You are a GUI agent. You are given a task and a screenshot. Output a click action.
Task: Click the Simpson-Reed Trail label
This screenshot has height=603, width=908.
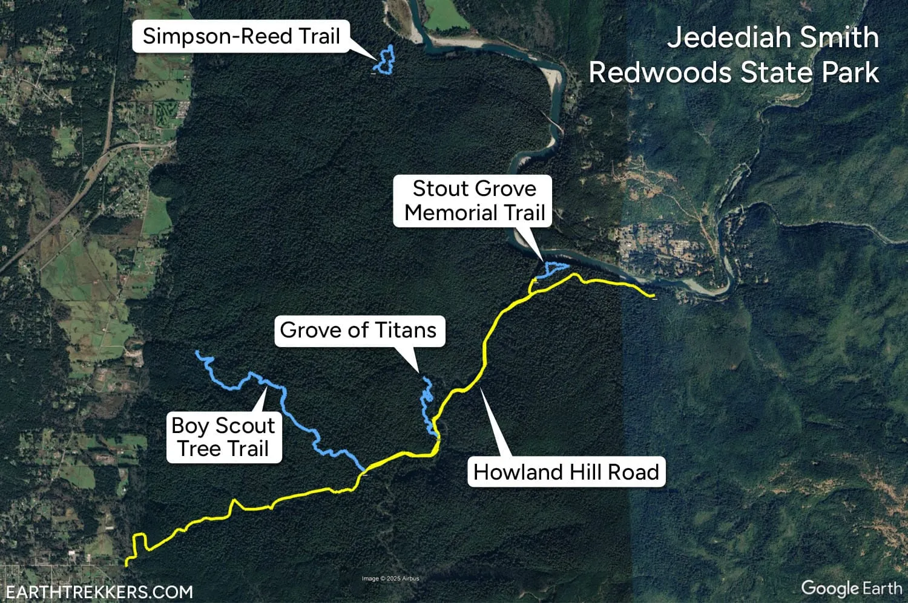(241, 36)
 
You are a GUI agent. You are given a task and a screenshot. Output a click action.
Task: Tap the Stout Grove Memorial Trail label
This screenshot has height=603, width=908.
(474, 201)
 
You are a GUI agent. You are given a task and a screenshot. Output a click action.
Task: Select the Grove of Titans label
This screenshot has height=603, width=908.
(358, 330)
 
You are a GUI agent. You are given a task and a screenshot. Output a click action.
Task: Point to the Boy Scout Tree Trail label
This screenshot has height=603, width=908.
(223, 437)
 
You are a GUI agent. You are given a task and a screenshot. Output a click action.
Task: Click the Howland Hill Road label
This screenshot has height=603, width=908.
(566, 472)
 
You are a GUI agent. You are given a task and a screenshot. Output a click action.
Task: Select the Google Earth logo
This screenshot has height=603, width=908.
(851, 588)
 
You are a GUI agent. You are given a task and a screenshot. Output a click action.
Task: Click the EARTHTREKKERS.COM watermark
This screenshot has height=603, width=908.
(99, 592)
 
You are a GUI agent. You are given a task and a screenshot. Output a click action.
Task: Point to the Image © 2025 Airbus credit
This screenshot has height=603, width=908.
(390, 579)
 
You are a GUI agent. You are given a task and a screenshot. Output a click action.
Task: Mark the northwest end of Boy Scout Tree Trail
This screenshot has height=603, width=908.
(198, 353)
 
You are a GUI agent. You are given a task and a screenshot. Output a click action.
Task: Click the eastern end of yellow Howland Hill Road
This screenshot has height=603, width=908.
(654, 296)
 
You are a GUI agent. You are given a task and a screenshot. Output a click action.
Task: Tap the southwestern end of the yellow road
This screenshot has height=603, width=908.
(127, 564)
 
